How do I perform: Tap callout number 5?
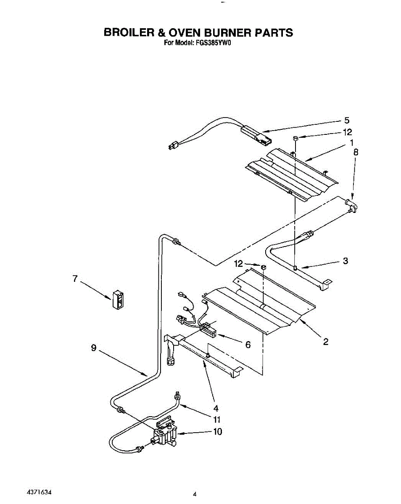(347, 120)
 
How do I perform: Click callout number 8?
(356, 153)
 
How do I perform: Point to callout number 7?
(75, 278)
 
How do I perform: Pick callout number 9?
(94, 348)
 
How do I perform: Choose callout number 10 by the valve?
(218, 431)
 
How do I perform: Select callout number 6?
(248, 344)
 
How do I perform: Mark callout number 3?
(345, 261)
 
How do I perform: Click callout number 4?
(216, 407)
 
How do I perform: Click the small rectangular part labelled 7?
(118, 300)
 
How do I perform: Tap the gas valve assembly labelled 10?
(165, 434)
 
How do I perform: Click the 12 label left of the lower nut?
(239, 264)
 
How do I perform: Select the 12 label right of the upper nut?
(347, 132)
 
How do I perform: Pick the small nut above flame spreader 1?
(295, 138)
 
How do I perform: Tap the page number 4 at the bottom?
(195, 494)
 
